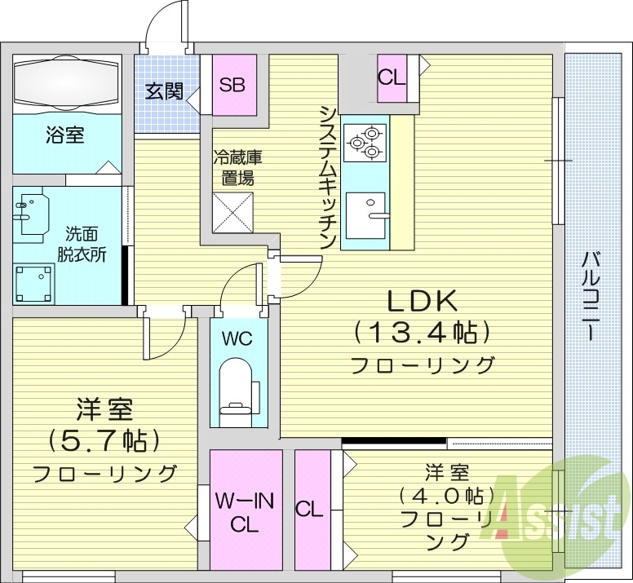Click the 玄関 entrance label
pyautogui.click(x=164, y=91)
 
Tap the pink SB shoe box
pyautogui.click(x=234, y=85)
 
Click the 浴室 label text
pyautogui.click(x=64, y=135)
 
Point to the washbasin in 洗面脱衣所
pyautogui.click(x=30, y=211)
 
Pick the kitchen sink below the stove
pyautogui.click(x=365, y=214)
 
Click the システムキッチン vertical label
pyautogui.click(x=327, y=178)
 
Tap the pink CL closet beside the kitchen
pyautogui.click(x=392, y=78)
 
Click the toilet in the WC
pyautogui.click(x=238, y=389)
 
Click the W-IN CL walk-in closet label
pyautogui.click(x=245, y=512)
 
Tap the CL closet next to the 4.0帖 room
pyautogui.click(x=309, y=510)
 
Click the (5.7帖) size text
pyautogui.click(x=104, y=440)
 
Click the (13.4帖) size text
pyautogui.click(x=422, y=331)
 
